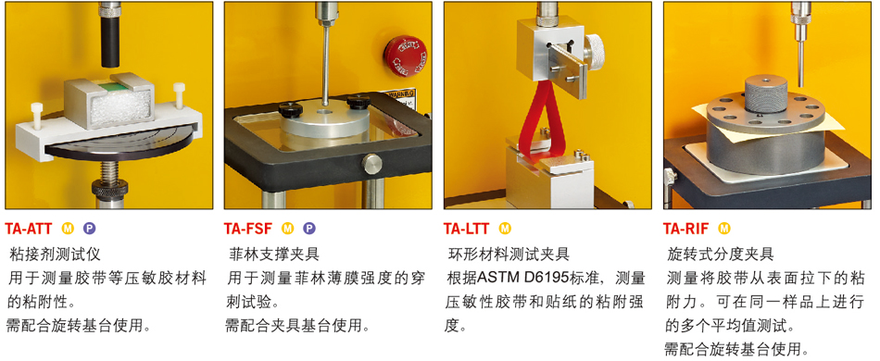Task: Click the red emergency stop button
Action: click(405, 55)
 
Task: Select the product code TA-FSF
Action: click(247, 228)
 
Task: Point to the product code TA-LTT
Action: click(466, 228)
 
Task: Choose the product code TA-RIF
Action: click(685, 228)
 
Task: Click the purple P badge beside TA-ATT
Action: click(89, 228)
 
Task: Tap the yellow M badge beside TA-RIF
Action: click(724, 228)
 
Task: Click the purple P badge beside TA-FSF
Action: click(309, 228)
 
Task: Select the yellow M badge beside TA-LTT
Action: click(505, 228)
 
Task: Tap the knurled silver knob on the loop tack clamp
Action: click(595, 52)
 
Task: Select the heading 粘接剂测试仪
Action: click(56, 255)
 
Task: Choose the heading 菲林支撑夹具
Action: click(274, 255)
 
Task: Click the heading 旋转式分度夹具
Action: click(721, 255)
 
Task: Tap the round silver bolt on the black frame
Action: click(371, 163)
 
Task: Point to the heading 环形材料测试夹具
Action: click(509, 255)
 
